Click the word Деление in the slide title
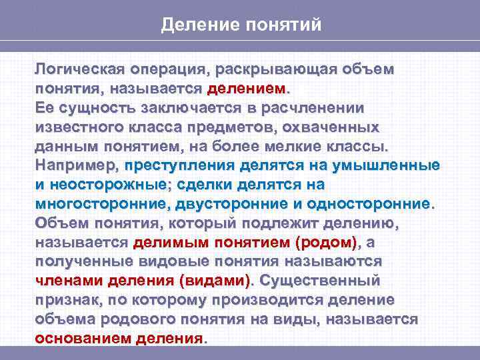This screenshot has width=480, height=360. point(193,25)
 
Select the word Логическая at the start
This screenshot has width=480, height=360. point(80,69)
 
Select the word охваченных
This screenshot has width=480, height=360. point(331,127)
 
